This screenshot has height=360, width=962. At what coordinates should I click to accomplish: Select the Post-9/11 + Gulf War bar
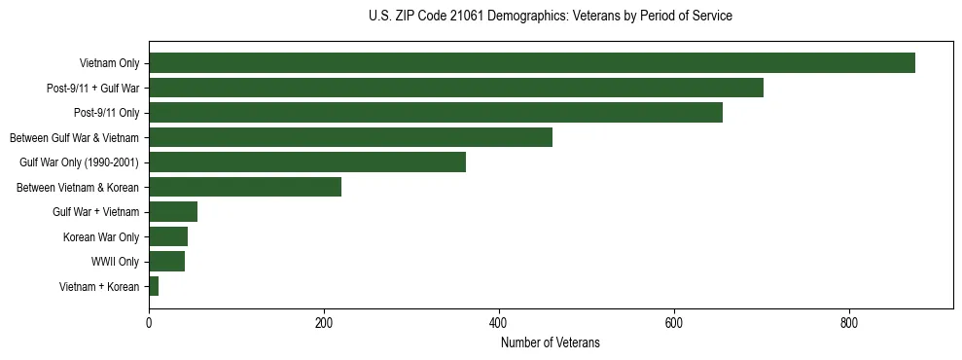tap(455, 89)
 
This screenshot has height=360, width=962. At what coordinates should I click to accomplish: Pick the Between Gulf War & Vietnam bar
tap(350, 137)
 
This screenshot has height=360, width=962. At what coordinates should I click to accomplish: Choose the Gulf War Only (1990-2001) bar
tap(306, 162)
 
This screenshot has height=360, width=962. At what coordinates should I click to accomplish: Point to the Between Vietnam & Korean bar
tap(245, 187)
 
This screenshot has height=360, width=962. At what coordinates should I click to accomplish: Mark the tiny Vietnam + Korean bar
tap(154, 286)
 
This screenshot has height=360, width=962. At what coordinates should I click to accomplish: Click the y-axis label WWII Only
tap(115, 262)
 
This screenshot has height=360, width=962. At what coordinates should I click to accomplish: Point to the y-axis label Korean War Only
tap(101, 236)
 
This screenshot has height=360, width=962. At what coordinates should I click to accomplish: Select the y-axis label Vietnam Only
tap(109, 64)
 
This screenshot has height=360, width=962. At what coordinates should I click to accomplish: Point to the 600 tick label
tap(674, 323)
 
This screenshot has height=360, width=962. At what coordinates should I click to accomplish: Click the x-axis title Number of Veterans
tap(550, 342)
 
